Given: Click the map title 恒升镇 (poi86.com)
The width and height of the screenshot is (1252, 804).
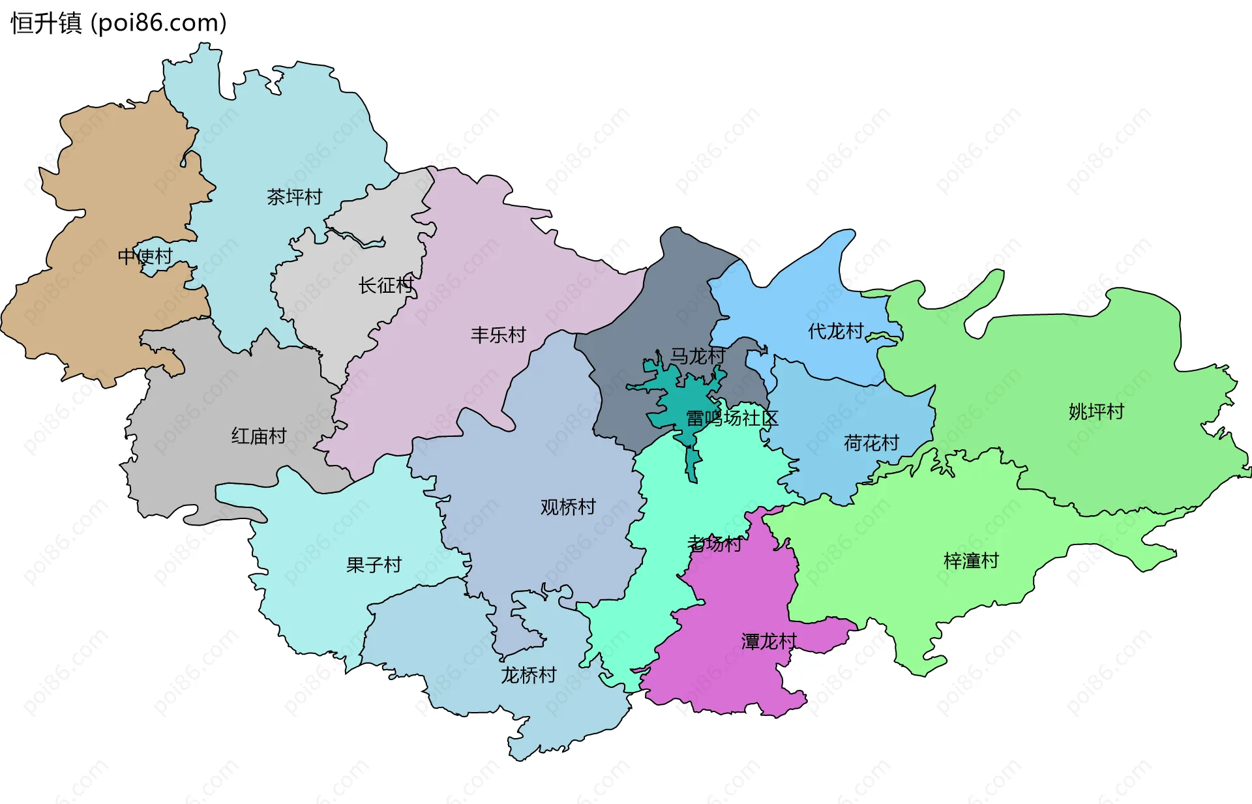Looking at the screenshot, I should click(x=119, y=23).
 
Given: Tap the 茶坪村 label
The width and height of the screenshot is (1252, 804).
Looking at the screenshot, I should click(x=294, y=197).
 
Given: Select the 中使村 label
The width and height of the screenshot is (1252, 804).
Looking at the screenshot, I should click(x=145, y=256).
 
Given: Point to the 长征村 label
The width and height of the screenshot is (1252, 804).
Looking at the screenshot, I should click(x=385, y=285).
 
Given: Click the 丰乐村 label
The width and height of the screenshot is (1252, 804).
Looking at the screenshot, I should click(x=498, y=335).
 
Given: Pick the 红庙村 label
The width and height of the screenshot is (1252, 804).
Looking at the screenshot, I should click(x=259, y=436).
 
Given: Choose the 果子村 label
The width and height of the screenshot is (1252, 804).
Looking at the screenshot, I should click(x=374, y=565).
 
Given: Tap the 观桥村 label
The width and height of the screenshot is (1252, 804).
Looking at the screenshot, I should click(x=568, y=507).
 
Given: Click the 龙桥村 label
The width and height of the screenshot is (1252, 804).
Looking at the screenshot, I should click(x=528, y=675).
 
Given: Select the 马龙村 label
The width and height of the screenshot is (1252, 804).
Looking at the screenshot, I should click(x=698, y=356).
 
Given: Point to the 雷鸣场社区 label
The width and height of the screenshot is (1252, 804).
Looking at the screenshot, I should click(x=732, y=418).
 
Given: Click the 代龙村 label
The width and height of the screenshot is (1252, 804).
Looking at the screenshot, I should click(x=835, y=331).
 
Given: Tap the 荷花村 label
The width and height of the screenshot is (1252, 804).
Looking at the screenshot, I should click(x=871, y=443).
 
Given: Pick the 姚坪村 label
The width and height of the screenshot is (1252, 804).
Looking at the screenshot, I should click(x=1096, y=411).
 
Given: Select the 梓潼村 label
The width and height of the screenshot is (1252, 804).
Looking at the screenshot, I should click(x=971, y=561).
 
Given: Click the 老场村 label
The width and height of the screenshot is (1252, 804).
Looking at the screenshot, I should click(x=715, y=543).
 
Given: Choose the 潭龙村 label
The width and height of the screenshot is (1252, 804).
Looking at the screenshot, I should click(x=769, y=642).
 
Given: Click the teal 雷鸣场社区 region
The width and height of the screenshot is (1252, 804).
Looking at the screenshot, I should click(x=678, y=398).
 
